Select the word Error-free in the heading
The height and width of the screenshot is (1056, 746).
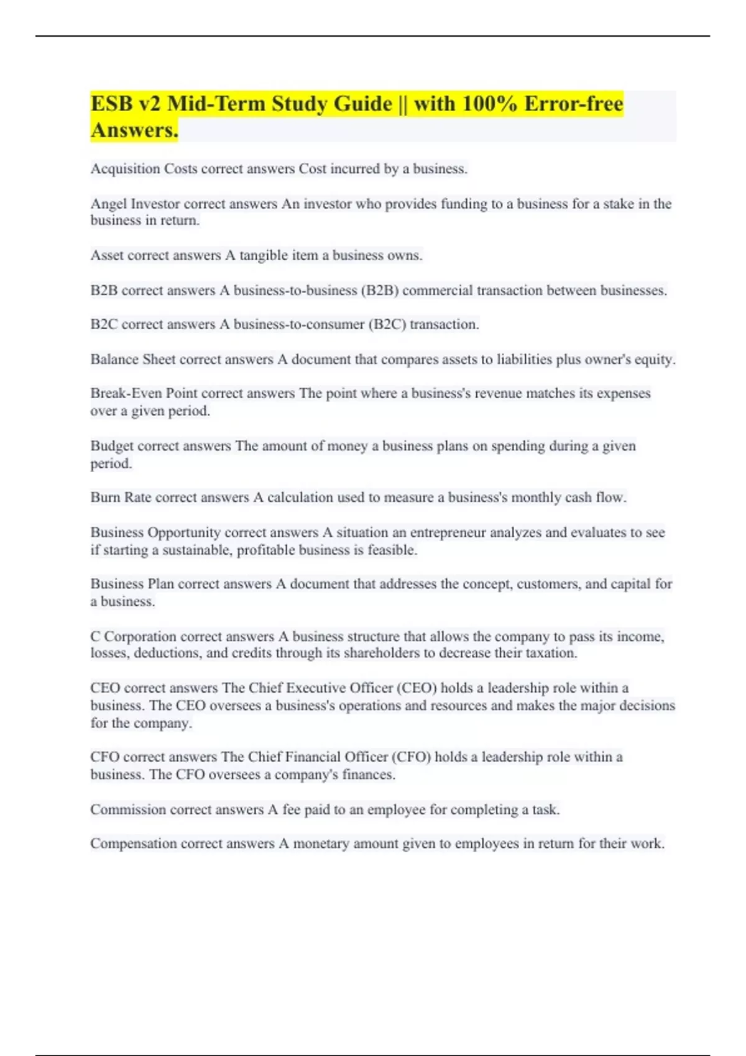tap(573, 104)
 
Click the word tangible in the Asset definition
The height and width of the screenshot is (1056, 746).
tap(264, 255)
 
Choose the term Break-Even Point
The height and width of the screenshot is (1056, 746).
tap(144, 393)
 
